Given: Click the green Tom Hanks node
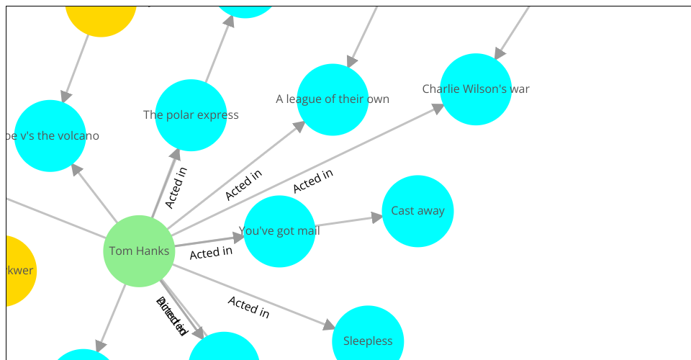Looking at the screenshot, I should (139, 251).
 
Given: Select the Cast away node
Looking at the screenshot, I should (417, 211).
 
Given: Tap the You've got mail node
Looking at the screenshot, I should (279, 231).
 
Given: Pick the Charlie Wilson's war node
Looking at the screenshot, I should (476, 89).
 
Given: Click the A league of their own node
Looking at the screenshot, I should (333, 99).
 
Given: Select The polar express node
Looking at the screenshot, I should (191, 115).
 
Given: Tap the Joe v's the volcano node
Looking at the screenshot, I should (50, 136).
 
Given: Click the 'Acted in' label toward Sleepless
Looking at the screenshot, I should (248, 307).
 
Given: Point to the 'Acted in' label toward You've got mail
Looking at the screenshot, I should (211, 253).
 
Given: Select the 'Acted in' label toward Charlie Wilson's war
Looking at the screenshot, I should (313, 181).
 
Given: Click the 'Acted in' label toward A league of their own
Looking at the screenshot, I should (243, 185).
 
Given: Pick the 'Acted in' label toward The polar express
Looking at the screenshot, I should (176, 187).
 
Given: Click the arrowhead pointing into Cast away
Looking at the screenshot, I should (376, 216).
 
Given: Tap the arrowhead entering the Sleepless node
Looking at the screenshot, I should (329, 325).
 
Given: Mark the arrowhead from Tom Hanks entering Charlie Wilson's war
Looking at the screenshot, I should (438, 108).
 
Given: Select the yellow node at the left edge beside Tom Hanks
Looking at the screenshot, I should (16, 271).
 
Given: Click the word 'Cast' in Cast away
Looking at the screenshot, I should (403, 211).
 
